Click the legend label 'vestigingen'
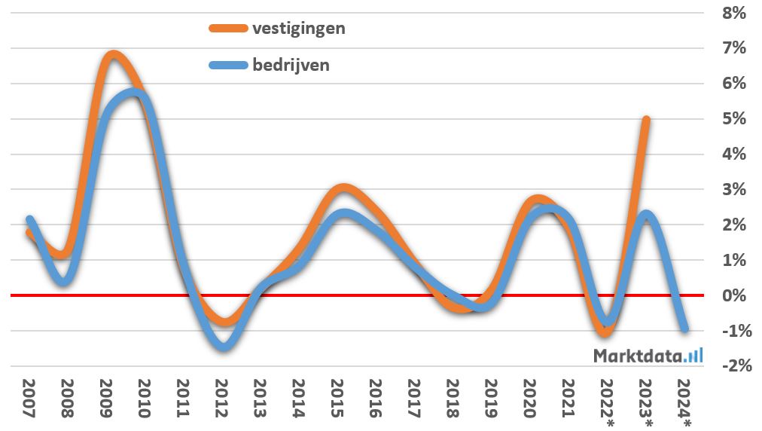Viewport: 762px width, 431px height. [299, 29]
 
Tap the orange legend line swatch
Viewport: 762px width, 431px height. [227, 29]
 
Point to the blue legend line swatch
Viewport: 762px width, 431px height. [227, 65]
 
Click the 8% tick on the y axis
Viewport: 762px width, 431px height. [733, 13]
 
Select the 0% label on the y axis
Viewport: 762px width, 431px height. [733, 295]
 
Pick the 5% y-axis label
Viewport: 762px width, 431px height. [733, 119]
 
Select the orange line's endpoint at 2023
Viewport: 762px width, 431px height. [646, 119]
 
